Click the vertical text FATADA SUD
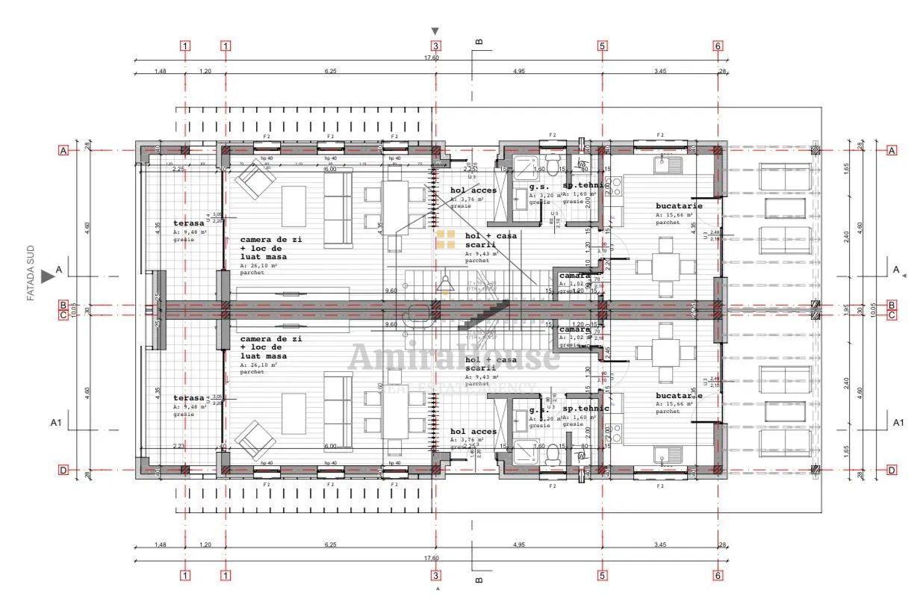click(31, 273)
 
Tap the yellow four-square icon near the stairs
click(446, 239)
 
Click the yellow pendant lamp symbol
click(446, 285)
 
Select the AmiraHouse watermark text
click(453, 357)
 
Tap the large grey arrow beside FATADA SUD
click(48, 276)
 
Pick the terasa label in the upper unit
click(188, 223)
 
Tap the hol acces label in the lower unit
click(473, 432)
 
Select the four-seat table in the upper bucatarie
click(665, 266)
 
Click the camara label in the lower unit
click(575, 329)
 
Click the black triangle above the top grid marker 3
click(435, 31)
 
